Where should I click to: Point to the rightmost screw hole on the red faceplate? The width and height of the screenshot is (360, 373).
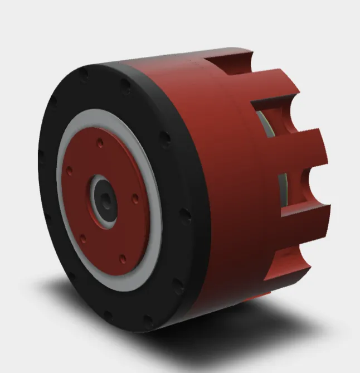coord(135,197)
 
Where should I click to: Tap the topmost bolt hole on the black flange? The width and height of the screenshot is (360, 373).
coord(84,73)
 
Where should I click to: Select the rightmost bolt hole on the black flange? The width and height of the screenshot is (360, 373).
coord(186,214)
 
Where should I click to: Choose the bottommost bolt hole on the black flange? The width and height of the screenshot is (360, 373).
coord(147,321)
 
